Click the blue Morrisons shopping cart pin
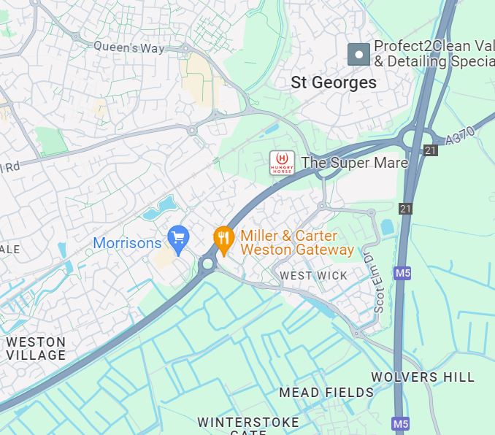[178, 236]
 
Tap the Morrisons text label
[127, 242]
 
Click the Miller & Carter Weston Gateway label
[296, 242]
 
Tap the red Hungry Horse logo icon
[282, 162]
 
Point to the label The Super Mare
[354, 163]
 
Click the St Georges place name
[334, 82]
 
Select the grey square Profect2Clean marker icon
[358, 54]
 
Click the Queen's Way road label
[129, 47]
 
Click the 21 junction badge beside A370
[431, 150]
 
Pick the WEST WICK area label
[314, 275]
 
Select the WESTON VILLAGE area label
[36, 348]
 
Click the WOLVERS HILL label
[423, 377]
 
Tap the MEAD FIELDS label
[326, 393]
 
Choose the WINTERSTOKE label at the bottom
[248, 423]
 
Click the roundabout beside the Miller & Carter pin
[208, 264]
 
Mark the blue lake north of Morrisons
[160, 208]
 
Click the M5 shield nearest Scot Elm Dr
[402, 273]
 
